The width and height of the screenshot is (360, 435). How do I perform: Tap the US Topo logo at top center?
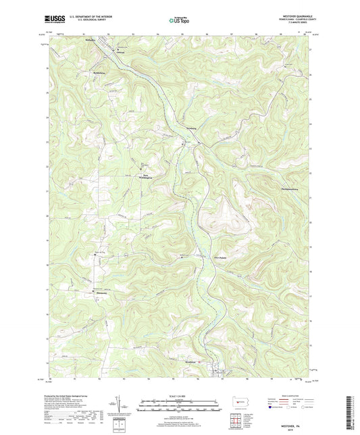(x=180, y=20)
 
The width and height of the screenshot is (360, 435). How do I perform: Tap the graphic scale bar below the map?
(x=180, y=407)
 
